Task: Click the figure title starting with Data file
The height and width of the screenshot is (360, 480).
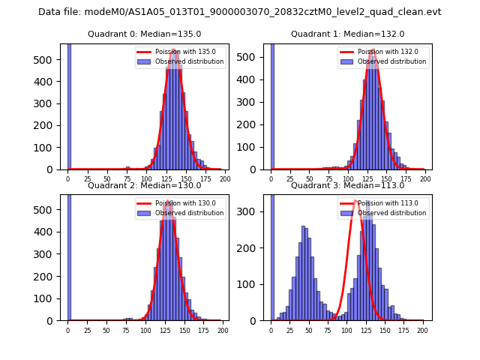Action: tap(240, 12)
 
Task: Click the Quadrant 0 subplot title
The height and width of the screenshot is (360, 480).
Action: tap(145, 34)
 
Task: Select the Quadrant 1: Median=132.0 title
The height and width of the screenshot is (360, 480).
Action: tap(347, 34)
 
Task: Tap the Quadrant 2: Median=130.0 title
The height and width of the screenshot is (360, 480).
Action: tap(145, 185)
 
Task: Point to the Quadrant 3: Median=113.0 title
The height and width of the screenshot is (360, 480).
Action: tap(347, 185)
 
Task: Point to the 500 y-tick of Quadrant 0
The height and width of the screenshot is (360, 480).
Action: tap(50, 59)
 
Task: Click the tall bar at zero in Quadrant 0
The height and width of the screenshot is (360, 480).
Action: tap(69, 105)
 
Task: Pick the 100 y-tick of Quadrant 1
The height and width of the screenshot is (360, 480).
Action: tap(253, 148)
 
